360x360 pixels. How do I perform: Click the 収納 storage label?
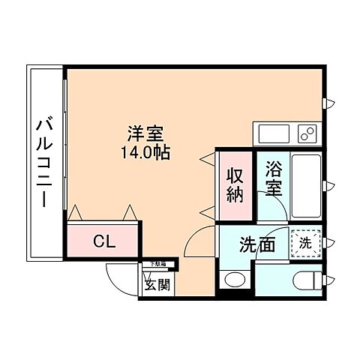(x=234, y=185)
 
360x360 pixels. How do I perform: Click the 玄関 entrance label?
(x=157, y=284)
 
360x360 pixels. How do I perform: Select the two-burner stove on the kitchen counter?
(x=307, y=133)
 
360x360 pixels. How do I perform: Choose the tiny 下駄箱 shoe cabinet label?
(x=157, y=264)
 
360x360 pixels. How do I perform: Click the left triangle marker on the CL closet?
(x=75, y=214)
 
